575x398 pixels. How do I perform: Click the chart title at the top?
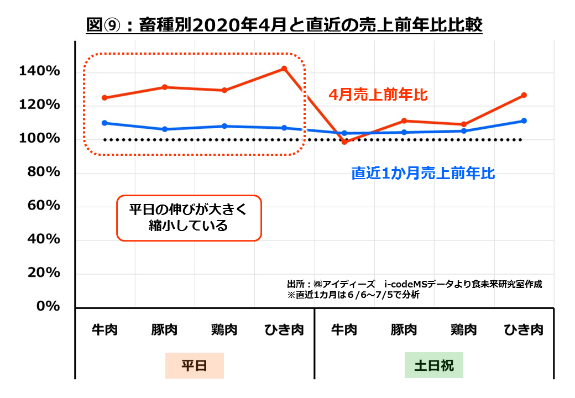point(285,25)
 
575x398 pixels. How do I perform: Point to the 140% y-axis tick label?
point(39,71)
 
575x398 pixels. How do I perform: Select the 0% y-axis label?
point(47,306)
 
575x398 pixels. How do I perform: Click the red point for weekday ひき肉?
point(284,69)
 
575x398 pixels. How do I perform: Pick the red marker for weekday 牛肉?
point(104,98)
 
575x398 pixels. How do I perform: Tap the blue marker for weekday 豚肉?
point(164,129)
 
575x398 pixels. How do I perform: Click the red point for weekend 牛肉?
point(344,142)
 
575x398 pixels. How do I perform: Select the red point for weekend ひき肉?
point(524,95)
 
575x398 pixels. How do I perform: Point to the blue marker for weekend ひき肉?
point(524,121)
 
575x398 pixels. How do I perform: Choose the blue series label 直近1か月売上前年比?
point(423,174)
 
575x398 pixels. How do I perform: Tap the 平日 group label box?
point(194,365)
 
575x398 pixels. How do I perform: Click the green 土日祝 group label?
point(433,365)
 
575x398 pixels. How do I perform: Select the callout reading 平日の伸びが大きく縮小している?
point(188,218)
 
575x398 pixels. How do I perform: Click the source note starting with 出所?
point(415,284)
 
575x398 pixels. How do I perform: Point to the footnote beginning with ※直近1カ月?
point(353,295)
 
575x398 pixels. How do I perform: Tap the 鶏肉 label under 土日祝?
point(463,330)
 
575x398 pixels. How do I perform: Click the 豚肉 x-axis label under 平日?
point(164,330)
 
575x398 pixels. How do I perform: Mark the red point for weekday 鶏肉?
point(224,90)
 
